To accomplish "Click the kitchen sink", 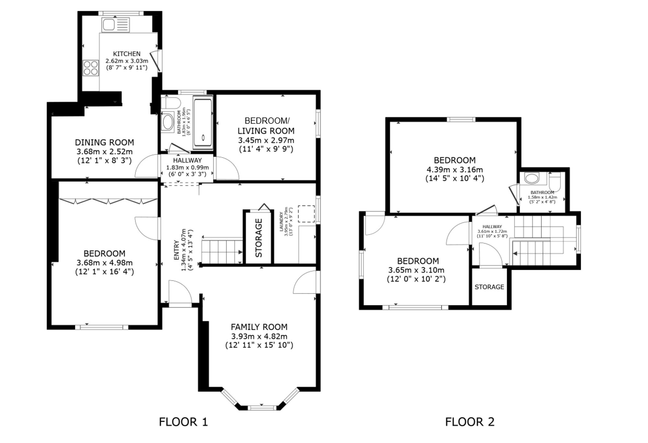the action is (116, 25).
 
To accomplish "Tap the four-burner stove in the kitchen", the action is (91, 68).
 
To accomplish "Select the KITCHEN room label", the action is (127, 54).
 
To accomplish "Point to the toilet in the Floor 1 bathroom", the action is (171, 103).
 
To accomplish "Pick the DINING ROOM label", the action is (104, 142).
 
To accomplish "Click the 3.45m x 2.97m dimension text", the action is (266, 141).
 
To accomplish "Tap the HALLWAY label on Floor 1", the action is (187, 160).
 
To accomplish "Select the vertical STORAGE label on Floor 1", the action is (259, 238).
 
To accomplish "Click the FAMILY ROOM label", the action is (259, 327).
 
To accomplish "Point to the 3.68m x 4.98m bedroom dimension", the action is (105, 263).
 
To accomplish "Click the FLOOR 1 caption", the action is (183, 422).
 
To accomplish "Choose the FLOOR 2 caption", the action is (470, 422).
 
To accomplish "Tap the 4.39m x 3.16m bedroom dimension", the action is (455, 169).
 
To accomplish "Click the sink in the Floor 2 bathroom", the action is (531, 178).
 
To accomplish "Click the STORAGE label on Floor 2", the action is (489, 287).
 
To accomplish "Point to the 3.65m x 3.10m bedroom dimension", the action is (416, 270).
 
